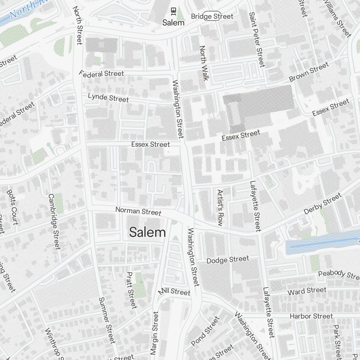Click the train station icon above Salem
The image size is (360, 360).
tap(173, 12)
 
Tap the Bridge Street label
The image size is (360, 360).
tap(212, 16)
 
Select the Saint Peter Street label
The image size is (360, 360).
tap(257, 39)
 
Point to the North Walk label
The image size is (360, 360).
tap(204, 63)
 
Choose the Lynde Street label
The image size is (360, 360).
tap(108, 98)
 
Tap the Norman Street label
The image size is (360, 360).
tap(138, 211)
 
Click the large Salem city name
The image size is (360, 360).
tap(148, 233)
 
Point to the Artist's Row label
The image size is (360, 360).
tap(220, 208)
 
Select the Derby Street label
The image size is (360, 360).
tap(322, 204)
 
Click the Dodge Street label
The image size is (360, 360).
tap(228, 260)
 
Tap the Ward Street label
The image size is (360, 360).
tap(307, 291)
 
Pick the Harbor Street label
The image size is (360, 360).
tap(311, 316)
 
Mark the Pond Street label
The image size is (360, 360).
tap(205, 331)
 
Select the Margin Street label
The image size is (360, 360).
tap(154, 333)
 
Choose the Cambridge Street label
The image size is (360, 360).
tap(54, 221)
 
